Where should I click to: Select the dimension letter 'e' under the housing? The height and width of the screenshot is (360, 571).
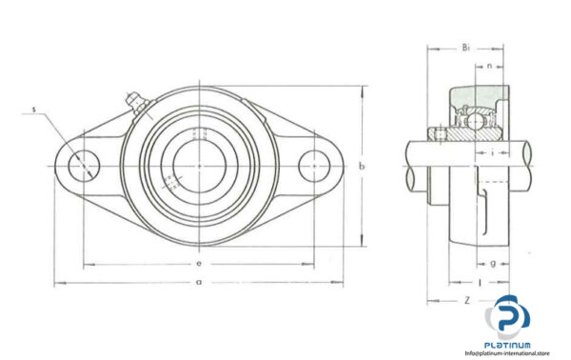point(197,260)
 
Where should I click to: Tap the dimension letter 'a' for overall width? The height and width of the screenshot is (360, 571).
point(197,282)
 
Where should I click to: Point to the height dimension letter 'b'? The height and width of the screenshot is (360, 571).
point(362,168)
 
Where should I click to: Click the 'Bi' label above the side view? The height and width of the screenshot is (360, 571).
point(465,46)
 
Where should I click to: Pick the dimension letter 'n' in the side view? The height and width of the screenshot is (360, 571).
point(488,67)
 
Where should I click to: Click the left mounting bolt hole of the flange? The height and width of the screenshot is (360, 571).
point(84,167)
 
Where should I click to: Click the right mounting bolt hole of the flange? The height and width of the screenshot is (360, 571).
point(313,167)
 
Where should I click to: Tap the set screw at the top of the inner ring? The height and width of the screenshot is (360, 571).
point(199,133)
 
